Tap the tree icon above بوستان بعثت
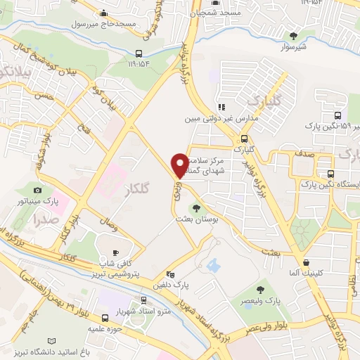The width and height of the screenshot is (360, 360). click(195, 207)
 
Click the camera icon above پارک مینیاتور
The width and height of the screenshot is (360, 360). click(38, 190)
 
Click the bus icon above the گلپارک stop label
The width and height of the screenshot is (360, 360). click(244, 139)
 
